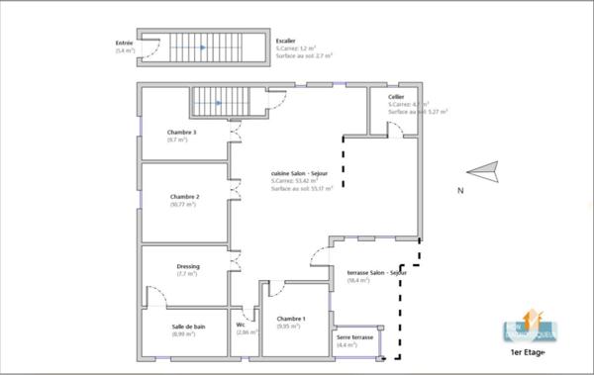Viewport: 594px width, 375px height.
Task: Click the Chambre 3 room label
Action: pos(182,133)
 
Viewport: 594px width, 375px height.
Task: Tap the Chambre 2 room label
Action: pos(184,197)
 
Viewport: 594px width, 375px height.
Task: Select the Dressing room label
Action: pos(188,266)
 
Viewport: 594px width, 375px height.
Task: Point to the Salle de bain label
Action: pos(187,326)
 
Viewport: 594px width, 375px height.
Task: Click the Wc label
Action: pos(241,325)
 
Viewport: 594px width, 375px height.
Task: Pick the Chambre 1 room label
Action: pos(291,319)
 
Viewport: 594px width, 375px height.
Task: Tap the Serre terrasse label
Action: pos(354,337)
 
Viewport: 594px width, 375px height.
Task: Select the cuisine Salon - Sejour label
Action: pos(302,174)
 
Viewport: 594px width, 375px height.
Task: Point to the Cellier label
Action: pos(396,97)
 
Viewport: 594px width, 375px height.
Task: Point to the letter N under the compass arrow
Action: pos(460,190)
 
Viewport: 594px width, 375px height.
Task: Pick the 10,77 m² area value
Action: pos(184,204)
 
